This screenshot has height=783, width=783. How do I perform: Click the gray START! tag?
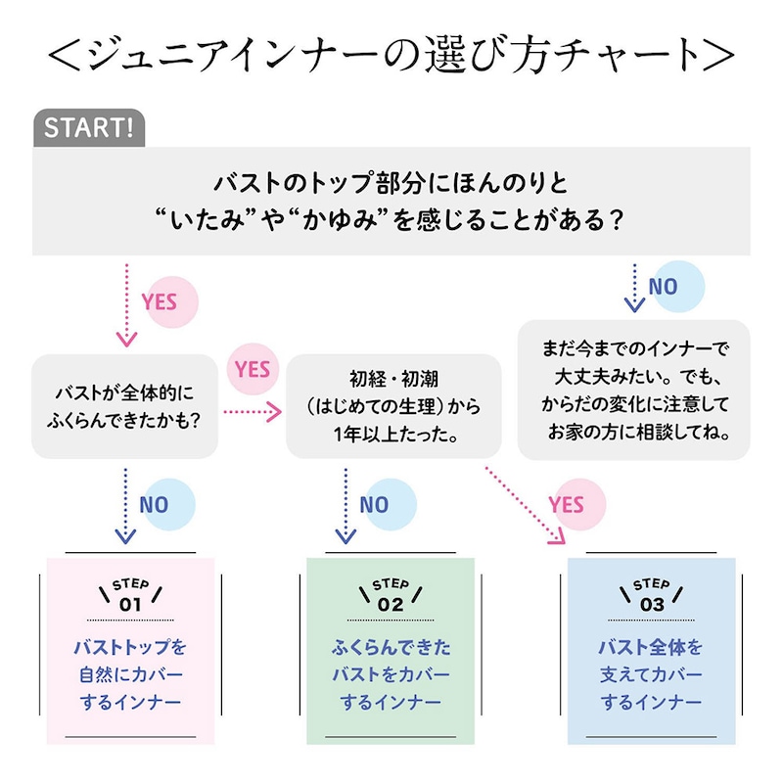[x=89, y=128]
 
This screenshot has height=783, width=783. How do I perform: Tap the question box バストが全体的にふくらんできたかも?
[x=125, y=406]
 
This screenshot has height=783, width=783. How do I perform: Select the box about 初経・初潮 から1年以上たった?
[x=391, y=406]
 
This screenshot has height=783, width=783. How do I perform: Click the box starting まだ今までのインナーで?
[x=634, y=389]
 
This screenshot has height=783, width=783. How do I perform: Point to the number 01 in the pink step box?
[x=130, y=605]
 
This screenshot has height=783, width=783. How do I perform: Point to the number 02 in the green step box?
[x=391, y=605]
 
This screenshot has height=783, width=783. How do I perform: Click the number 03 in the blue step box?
[x=652, y=605]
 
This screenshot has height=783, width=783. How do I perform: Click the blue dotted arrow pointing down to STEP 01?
[x=124, y=504]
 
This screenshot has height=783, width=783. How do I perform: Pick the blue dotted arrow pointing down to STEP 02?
[x=345, y=504]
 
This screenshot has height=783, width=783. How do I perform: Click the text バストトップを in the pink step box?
[x=130, y=648]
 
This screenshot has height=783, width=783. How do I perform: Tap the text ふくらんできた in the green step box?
[x=391, y=648]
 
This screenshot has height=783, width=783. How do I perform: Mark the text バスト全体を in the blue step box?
[x=652, y=648]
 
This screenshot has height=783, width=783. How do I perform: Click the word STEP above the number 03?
[x=652, y=585]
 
